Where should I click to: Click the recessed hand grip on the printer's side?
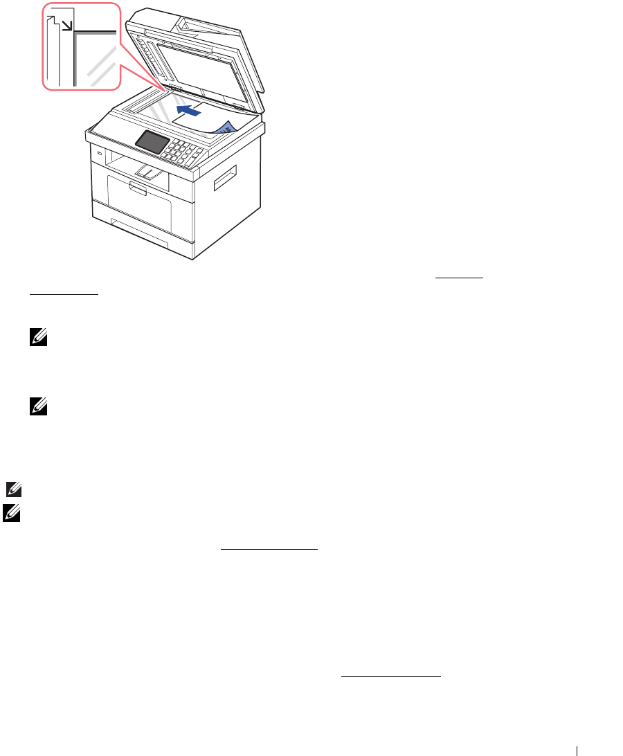[x=225, y=177]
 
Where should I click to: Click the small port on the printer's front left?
[x=99, y=154]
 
